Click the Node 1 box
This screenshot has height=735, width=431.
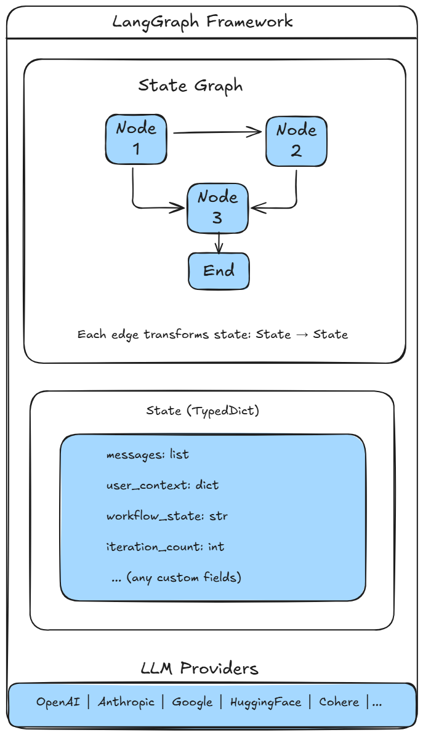click(x=136, y=139)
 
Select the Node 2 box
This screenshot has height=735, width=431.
click(x=296, y=141)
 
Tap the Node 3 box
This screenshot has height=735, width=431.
click(x=218, y=208)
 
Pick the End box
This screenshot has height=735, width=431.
click(x=219, y=271)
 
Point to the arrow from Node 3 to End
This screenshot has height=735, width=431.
click(x=219, y=243)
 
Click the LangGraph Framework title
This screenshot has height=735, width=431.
click(x=203, y=22)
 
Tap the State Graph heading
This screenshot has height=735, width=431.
click(x=190, y=86)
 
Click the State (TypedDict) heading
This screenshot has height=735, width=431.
click(x=203, y=411)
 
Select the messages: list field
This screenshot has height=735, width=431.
click(x=147, y=455)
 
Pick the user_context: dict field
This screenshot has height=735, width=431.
click(x=162, y=485)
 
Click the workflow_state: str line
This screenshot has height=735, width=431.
click(x=166, y=516)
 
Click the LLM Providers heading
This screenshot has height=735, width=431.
click(x=199, y=669)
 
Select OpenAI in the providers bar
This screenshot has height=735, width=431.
click(x=58, y=702)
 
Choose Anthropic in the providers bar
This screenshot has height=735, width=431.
click(x=126, y=702)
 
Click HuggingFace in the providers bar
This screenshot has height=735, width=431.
click(x=265, y=702)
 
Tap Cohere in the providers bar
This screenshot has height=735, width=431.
click(x=339, y=702)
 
